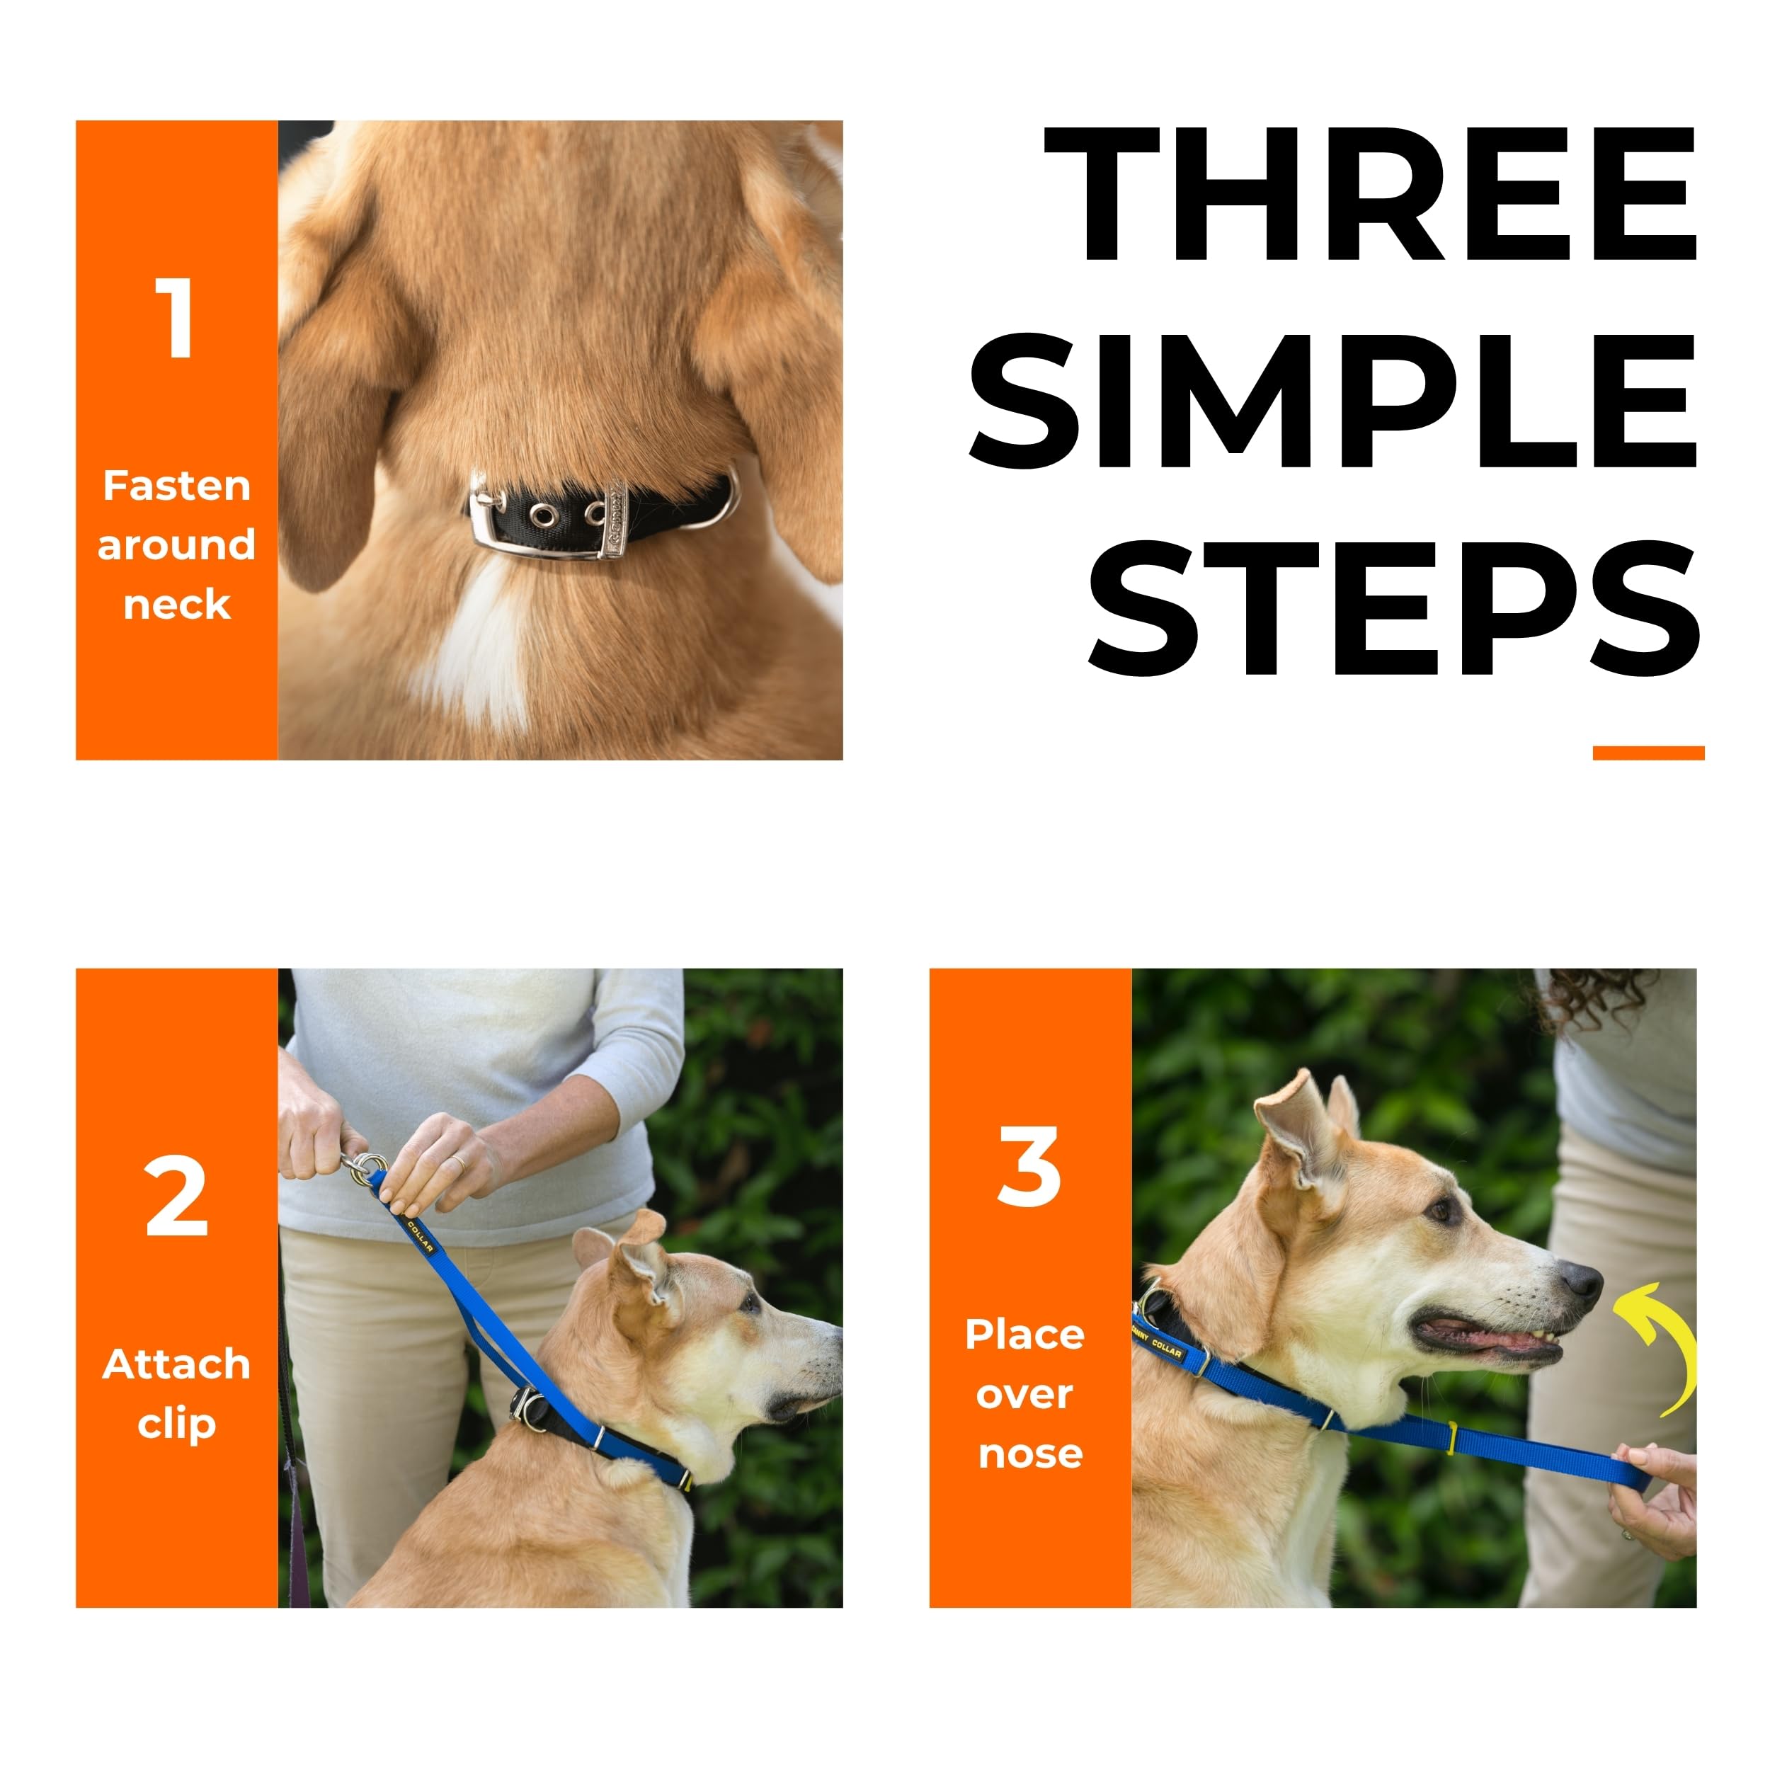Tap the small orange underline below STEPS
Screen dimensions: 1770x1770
click(1648, 753)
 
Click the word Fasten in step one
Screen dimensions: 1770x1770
click(177, 486)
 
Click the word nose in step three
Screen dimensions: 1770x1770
click(1031, 1453)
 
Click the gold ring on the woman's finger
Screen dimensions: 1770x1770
click(457, 1163)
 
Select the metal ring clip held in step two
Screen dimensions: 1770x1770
click(367, 1168)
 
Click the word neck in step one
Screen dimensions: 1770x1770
click(177, 605)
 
